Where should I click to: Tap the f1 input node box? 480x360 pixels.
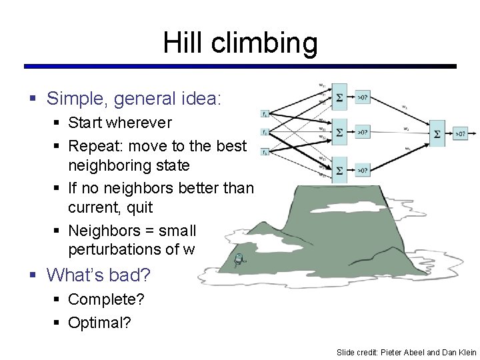pyautogui.click(x=265, y=113)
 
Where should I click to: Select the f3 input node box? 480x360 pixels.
pyautogui.click(x=265, y=153)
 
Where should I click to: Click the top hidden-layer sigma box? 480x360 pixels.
pyautogui.click(x=339, y=96)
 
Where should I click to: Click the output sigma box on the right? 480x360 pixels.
pyautogui.click(x=437, y=133)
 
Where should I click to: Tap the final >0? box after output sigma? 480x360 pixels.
pyautogui.click(x=460, y=133)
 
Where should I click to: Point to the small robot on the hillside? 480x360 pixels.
pyautogui.click(x=239, y=261)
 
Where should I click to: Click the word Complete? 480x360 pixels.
pyautogui.click(x=106, y=299)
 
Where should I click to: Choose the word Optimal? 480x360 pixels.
pyautogui.click(x=99, y=323)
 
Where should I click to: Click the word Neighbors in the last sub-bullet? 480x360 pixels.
pyautogui.click(x=101, y=231)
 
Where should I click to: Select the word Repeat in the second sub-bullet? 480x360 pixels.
pyautogui.click(x=93, y=145)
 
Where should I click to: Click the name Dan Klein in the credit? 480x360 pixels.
pyautogui.click(x=459, y=352)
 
